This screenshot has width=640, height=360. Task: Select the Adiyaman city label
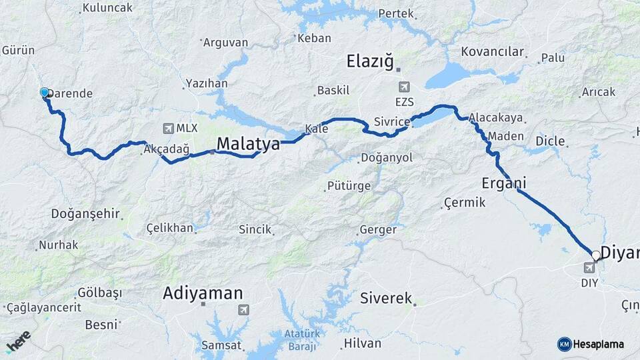click(203, 293)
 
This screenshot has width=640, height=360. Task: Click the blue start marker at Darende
click(45, 93)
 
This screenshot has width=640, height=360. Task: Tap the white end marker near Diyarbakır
click(595, 255)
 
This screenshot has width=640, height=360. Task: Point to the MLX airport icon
click(167, 128)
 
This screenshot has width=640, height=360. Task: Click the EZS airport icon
click(404, 87)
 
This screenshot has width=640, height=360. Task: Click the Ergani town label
click(503, 183)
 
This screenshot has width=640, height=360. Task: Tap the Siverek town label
click(386, 297)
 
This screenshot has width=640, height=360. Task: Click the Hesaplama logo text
click(598, 344)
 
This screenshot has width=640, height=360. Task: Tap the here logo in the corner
click(18, 341)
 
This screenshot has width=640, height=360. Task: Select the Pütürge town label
click(348, 186)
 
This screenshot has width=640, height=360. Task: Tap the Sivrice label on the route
click(390, 122)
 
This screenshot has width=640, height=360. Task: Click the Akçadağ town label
click(167, 150)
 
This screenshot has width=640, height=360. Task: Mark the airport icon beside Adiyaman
click(243, 309)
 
